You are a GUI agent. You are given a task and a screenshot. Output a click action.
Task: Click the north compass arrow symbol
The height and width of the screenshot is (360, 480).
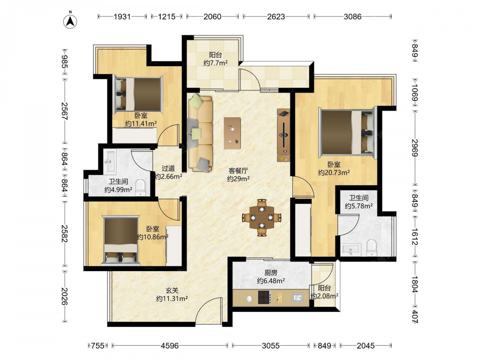(x=70, y=21)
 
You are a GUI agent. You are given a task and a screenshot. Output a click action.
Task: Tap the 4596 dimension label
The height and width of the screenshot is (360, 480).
(x=169, y=346)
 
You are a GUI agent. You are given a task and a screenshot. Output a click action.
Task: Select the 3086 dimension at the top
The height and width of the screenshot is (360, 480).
(x=352, y=16)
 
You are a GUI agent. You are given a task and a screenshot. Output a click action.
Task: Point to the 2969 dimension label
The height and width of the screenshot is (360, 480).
(x=415, y=148)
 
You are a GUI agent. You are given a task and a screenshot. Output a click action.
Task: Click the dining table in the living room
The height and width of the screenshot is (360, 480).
(x=262, y=217)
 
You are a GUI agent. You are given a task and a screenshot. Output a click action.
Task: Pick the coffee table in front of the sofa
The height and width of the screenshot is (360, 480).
(x=232, y=133)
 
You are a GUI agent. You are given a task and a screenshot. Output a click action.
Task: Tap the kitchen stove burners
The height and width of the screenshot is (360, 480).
(x=264, y=297)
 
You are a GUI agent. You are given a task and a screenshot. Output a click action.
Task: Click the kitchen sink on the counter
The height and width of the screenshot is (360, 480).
(x=297, y=297)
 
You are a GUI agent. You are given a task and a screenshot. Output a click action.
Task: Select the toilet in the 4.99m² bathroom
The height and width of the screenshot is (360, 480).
(x=141, y=187)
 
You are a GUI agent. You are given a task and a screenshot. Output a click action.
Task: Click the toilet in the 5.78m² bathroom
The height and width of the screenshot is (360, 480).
(x=372, y=248)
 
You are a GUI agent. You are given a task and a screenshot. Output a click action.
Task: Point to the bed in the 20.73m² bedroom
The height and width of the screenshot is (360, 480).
(x=348, y=132)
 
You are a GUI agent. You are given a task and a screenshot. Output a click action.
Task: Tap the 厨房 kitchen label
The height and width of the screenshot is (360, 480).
(x=271, y=273)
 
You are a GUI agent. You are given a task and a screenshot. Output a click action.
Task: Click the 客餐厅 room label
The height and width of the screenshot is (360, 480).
(x=238, y=170)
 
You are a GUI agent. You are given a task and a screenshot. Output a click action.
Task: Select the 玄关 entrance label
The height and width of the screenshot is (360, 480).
(x=172, y=290)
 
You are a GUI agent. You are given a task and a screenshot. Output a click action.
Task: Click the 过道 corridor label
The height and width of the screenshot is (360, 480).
(x=168, y=168)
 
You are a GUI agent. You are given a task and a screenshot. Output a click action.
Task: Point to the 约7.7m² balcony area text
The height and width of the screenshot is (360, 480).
(x=216, y=63)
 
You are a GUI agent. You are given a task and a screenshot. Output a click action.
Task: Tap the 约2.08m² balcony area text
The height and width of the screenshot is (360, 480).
(x=324, y=296)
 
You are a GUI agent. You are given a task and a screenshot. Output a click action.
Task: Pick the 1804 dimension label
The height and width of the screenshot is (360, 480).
(x=415, y=285)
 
